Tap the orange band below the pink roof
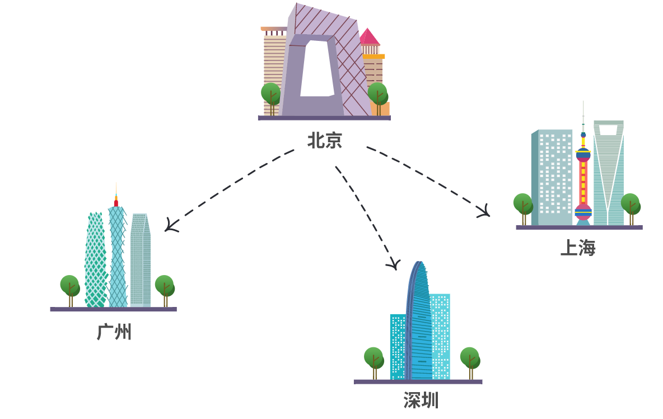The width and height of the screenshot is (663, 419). click(x=373, y=57)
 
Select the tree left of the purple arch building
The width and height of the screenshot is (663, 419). click(x=271, y=94)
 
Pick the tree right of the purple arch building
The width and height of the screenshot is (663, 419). click(x=377, y=94)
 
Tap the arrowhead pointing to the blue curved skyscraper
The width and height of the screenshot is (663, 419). click(x=394, y=264)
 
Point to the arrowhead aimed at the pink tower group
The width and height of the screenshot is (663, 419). click(x=484, y=212)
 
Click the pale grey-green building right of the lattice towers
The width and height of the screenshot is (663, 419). click(x=139, y=260)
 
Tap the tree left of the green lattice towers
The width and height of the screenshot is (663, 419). click(x=70, y=286)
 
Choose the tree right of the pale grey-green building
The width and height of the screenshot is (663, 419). click(x=165, y=286)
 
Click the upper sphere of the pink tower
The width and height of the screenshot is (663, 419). click(x=583, y=155)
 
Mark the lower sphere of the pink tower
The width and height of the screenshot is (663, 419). click(x=583, y=212)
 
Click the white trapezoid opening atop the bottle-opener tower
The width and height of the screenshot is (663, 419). click(x=608, y=130)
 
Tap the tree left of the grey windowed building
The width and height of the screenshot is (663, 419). click(x=523, y=204)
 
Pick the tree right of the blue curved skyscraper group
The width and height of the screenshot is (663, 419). click(x=470, y=359)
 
